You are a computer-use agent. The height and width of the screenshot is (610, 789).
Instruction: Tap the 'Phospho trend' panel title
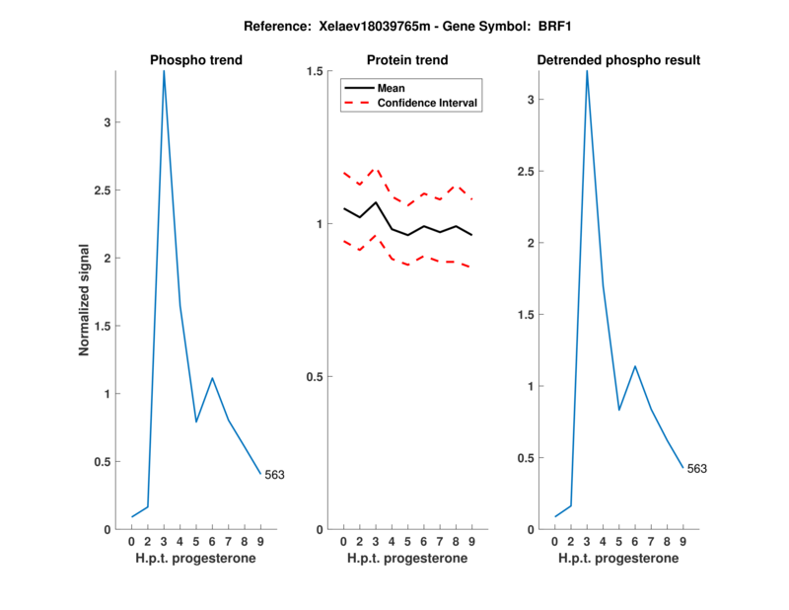[196, 60]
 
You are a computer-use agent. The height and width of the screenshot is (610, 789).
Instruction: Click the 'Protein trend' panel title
[407, 60]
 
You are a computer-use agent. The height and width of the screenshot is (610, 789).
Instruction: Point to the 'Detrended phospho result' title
[618, 60]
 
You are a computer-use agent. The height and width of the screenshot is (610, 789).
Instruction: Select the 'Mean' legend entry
[392, 88]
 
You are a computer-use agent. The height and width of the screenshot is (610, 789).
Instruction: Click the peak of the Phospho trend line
[164, 71]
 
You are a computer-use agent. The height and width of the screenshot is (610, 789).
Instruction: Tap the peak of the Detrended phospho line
[587, 71]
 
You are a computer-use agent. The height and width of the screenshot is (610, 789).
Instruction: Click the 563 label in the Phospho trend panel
[274, 475]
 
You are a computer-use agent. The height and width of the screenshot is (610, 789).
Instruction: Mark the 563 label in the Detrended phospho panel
[697, 469]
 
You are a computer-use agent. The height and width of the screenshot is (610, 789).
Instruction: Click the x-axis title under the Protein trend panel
[407, 559]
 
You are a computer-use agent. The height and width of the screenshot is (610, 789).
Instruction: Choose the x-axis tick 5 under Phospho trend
[196, 542]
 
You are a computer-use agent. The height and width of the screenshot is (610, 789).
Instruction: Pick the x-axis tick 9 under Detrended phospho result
[682, 542]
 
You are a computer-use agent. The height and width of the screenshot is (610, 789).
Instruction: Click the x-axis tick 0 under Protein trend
[343, 542]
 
